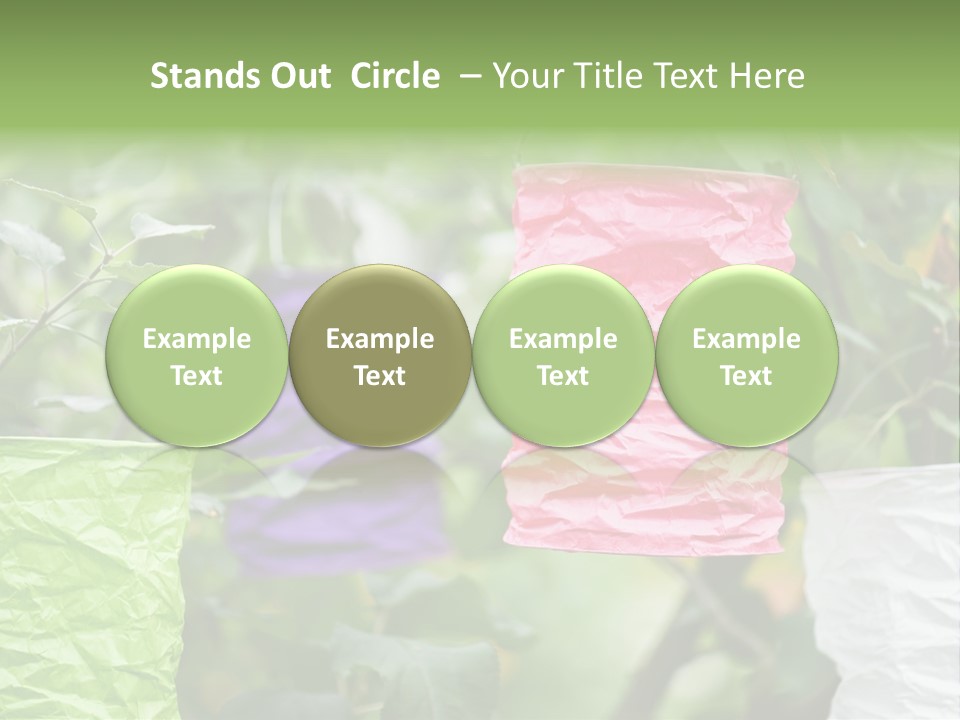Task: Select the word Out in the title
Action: click(x=296, y=76)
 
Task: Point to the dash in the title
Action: click(x=467, y=76)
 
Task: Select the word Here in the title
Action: click(x=770, y=76)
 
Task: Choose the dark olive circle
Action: click(x=379, y=355)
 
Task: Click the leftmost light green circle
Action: click(x=196, y=355)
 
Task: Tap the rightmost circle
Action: click(x=746, y=355)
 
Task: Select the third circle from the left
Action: click(x=563, y=355)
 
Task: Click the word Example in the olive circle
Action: click(x=380, y=340)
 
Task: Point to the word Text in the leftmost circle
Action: click(x=196, y=376)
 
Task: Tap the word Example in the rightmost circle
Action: click(x=746, y=340)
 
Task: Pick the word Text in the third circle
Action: click(x=563, y=376)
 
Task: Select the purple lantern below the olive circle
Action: click(x=330, y=520)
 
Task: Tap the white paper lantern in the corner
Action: click(x=885, y=590)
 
